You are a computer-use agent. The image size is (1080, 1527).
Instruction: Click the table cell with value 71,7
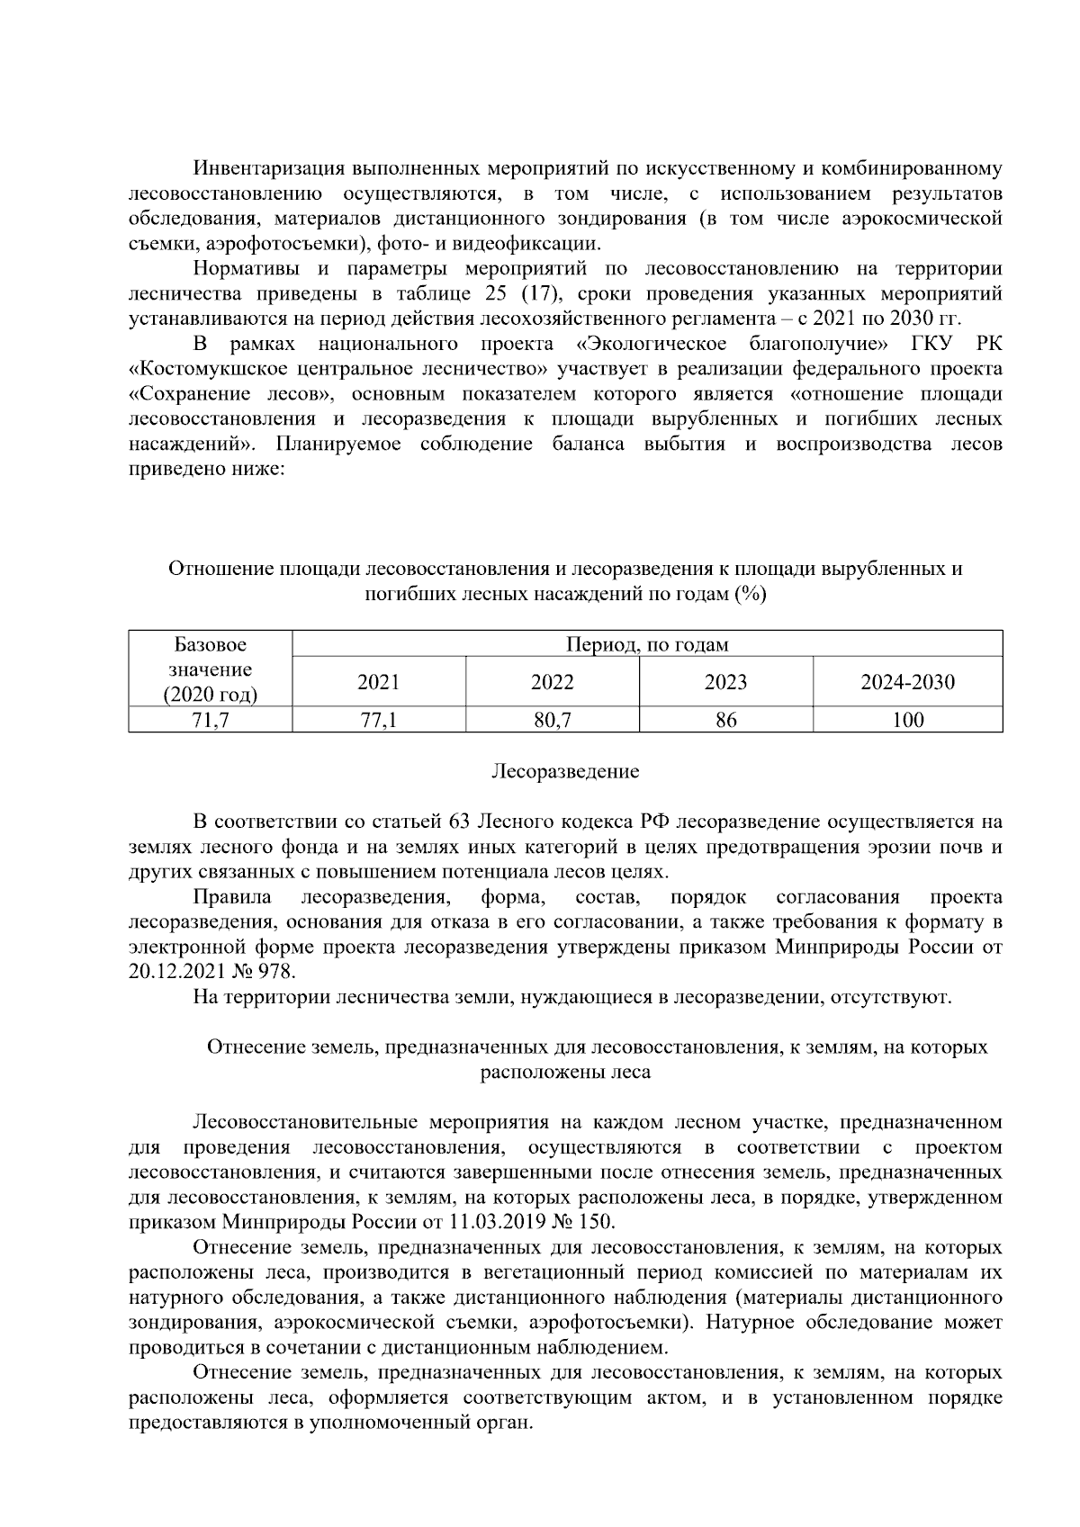(210, 720)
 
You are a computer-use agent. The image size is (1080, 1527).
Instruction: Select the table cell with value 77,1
(378, 720)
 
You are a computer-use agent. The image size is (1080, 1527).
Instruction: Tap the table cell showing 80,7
(552, 720)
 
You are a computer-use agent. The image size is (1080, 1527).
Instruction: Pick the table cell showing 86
(725, 720)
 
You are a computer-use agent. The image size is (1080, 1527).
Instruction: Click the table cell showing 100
(907, 720)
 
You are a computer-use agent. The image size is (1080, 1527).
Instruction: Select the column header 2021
(378, 682)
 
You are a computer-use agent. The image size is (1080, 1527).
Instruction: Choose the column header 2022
(552, 682)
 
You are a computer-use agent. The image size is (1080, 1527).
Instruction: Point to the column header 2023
(725, 682)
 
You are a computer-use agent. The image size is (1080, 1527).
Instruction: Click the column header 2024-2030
(907, 682)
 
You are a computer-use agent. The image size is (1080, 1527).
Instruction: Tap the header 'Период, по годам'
(647, 644)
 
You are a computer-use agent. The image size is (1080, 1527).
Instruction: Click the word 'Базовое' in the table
(210, 644)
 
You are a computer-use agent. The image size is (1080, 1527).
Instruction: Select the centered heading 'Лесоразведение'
(565, 771)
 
